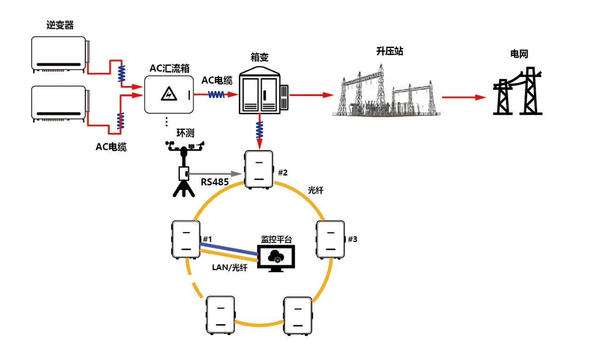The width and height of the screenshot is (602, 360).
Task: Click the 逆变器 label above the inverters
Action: tap(60, 25)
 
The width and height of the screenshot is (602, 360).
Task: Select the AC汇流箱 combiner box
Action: tap(168, 95)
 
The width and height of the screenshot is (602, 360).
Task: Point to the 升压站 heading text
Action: tap(390, 51)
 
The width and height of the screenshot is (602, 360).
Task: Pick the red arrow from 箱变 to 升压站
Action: tap(312, 95)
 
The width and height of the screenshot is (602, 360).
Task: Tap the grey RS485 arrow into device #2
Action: tap(216, 174)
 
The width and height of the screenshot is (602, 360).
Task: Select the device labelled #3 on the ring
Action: tap(331, 239)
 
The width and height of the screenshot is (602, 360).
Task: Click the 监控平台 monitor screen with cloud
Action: tap(276, 258)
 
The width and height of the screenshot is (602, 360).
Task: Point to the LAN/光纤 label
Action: tap(229, 268)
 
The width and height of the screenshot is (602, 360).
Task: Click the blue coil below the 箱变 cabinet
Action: tap(259, 128)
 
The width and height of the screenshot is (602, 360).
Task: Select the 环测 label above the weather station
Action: tap(185, 133)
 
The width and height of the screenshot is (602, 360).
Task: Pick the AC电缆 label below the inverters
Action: tap(111, 147)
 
